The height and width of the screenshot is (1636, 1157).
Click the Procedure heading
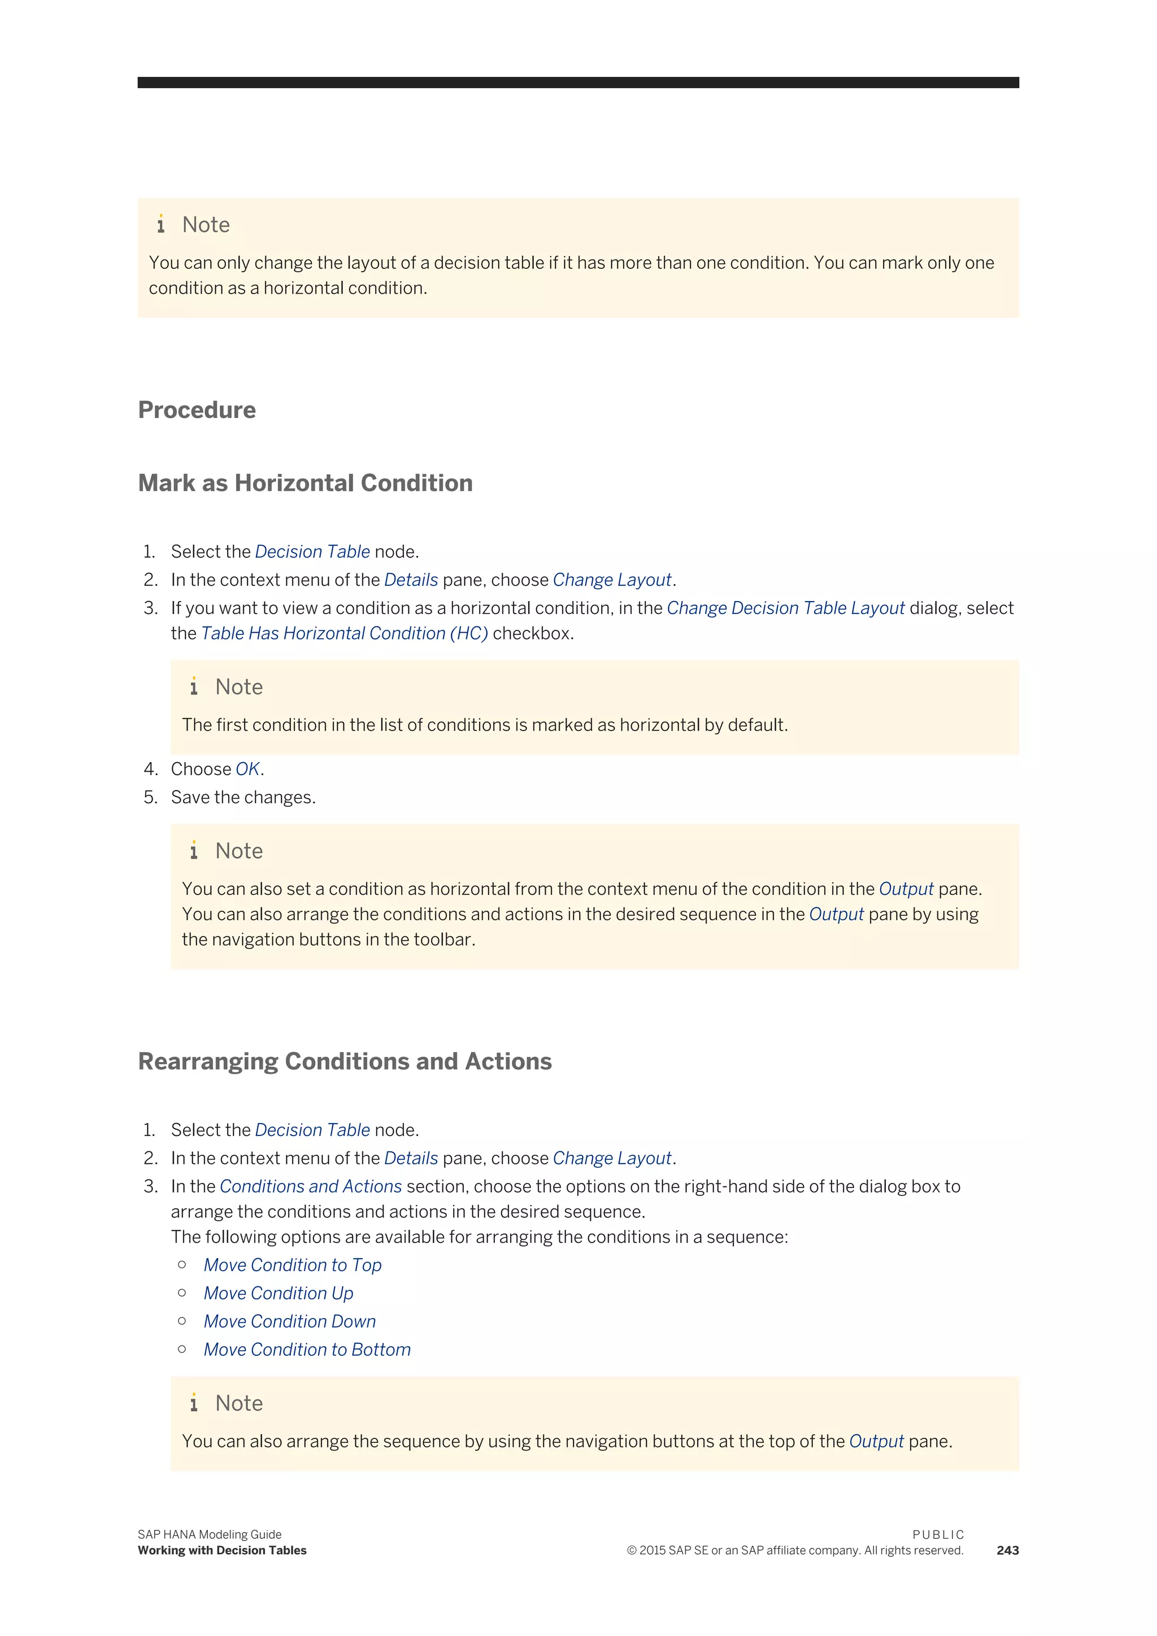[x=197, y=411]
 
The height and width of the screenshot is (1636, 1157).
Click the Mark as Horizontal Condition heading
[x=305, y=483]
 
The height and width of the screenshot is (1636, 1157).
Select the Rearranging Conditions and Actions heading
[x=345, y=1061]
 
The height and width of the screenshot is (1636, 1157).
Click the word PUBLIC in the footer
[x=938, y=1534]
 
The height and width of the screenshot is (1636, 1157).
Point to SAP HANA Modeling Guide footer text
[x=210, y=1534]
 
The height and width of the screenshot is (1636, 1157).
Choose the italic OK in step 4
[x=247, y=769]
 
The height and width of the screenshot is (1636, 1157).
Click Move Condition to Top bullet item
[x=292, y=1265]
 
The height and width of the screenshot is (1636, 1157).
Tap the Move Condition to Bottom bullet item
[x=307, y=1350]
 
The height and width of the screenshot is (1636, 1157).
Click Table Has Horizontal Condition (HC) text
[x=344, y=633]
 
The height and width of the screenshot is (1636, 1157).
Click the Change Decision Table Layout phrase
[x=785, y=608]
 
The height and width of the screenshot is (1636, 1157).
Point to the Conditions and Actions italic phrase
[x=311, y=1186]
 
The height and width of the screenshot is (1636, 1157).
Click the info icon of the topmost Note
[x=161, y=224]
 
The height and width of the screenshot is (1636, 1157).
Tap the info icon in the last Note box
[x=194, y=1403]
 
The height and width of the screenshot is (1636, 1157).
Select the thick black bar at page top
[x=578, y=82]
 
